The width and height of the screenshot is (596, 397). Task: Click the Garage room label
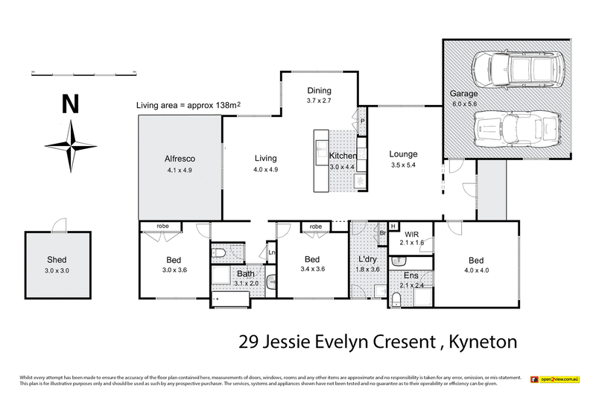[x=463, y=95]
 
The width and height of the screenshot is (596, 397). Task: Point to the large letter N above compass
[x=71, y=104]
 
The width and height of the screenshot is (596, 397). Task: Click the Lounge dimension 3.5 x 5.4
[x=404, y=165]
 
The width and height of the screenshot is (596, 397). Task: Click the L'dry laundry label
[x=369, y=261]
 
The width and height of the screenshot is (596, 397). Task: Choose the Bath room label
[x=245, y=274]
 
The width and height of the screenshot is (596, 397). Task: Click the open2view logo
[x=555, y=379]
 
